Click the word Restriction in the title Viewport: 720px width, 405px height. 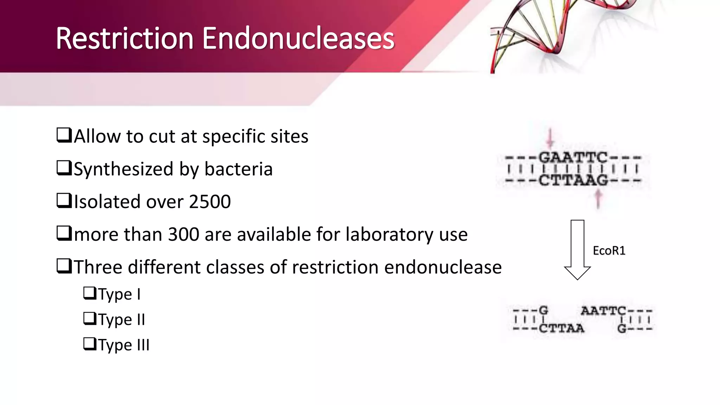(x=125, y=39)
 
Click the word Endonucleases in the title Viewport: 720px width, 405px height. (x=298, y=39)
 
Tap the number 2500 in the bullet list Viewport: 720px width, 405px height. (x=210, y=202)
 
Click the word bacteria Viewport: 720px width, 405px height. (x=238, y=169)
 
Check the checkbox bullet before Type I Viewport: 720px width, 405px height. (x=90, y=293)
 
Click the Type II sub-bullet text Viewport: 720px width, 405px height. (x=121, y=320)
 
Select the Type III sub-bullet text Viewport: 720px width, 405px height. (x=123, y=345)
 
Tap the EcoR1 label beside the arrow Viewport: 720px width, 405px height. (x=609, y=251)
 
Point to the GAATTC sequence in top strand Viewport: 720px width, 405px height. (x=573, y=157)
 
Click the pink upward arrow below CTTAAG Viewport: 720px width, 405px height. (x=598, y=199)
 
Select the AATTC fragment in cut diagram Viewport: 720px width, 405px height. (x=603, y=311)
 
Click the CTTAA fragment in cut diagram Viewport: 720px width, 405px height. (x=561, y=329)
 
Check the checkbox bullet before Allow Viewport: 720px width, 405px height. (x=64, y=135)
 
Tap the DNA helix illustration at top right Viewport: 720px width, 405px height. (x=562, y=32)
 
